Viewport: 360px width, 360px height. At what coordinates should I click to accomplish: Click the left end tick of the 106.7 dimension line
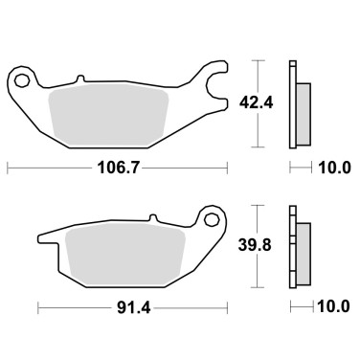point(8,169)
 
